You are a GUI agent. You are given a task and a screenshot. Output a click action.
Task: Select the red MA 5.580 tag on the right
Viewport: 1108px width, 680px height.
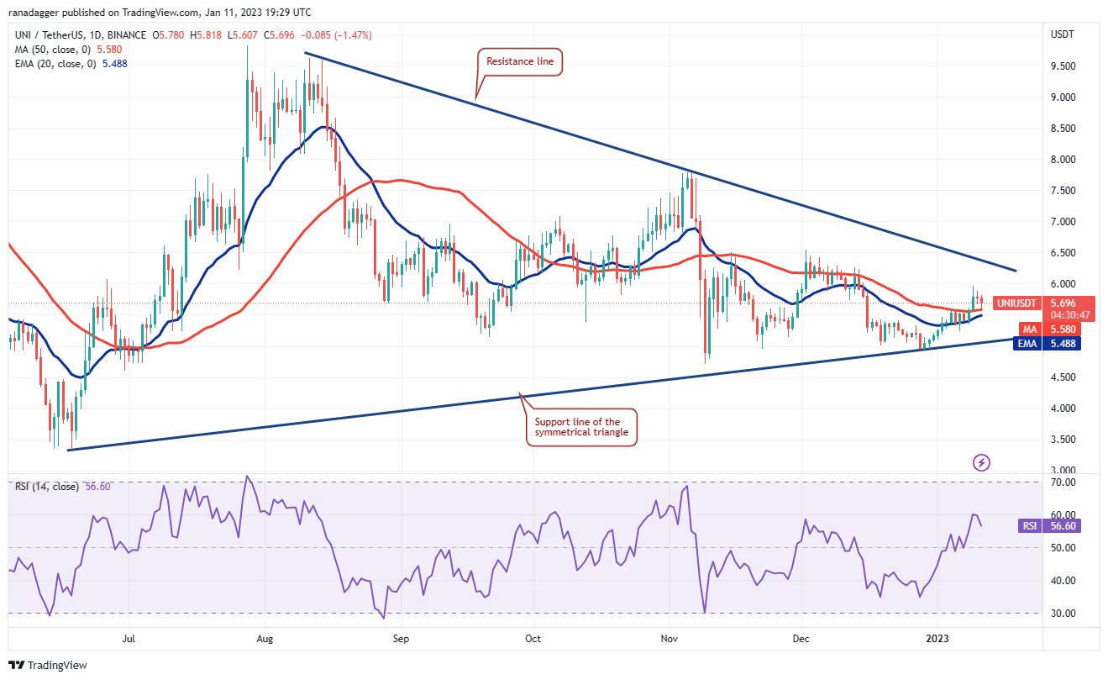[1027, 329]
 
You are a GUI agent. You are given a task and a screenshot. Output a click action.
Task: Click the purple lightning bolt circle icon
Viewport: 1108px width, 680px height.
[981, 462]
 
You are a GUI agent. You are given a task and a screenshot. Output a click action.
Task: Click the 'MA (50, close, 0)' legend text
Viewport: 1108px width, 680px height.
[54, 50]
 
